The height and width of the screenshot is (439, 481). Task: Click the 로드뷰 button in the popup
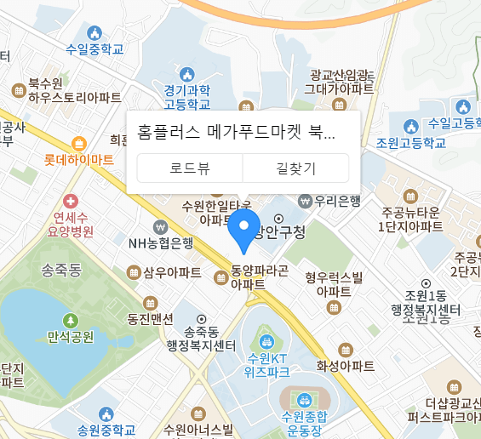[x=189, y=168]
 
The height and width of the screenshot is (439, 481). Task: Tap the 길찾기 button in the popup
[x=295, y=168]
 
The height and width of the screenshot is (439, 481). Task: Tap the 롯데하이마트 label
[x=79, y=159]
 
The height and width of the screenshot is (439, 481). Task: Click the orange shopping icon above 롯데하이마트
[x=79, y=143]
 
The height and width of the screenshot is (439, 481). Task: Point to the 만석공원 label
[x=71, y=336]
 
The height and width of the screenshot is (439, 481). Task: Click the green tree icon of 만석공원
[x=71, y=321]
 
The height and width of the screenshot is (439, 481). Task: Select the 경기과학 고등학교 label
[x=187, y=97]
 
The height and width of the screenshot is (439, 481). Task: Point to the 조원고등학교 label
[x=411, y=142]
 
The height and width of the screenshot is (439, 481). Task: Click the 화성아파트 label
[x=346, y=366]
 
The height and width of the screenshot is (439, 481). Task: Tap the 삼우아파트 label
[x=173, y=272]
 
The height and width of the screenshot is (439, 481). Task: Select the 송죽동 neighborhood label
[x=61, y=271]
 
